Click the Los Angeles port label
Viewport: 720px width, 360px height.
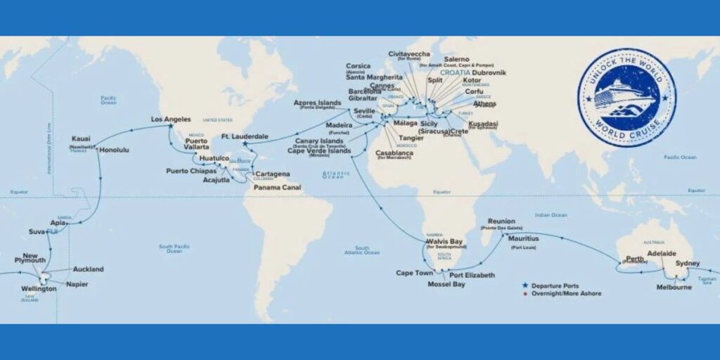pos(172,120)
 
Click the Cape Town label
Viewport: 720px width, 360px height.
pos(413,273)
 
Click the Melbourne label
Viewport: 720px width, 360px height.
pos(674,287)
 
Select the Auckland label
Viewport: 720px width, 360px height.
pos(88,269)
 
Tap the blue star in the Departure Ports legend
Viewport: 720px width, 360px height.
pos(525,285)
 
